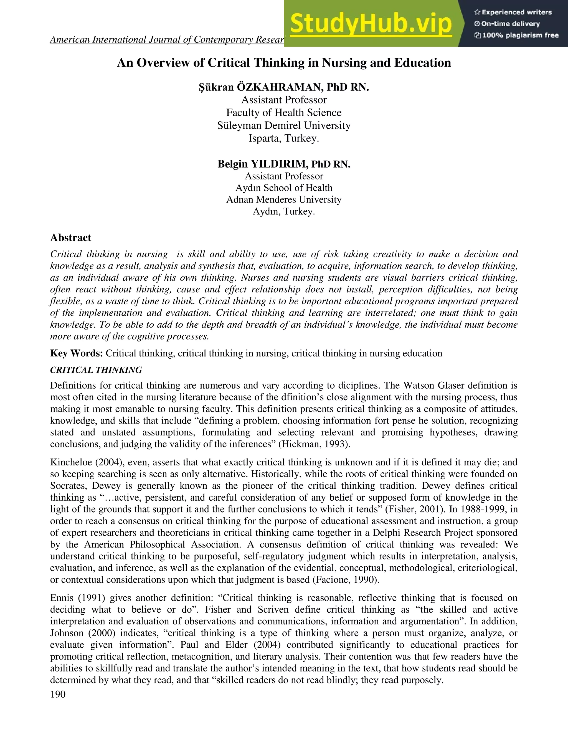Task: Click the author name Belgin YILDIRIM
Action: pyautogui.click(x=262, y=164)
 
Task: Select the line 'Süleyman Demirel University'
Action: pyautogui.click(x=284, y=126)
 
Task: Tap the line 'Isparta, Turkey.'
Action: pyautogui.click(x=284, y=138)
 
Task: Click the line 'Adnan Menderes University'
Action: pyautogui.click(x=284, y=200)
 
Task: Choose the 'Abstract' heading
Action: pyautogui.click(x=71, y=238)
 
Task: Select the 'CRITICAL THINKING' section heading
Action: pyautogui.click(x=96, y=370)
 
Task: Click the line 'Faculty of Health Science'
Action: pyautogui.click(x=284, y=113)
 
